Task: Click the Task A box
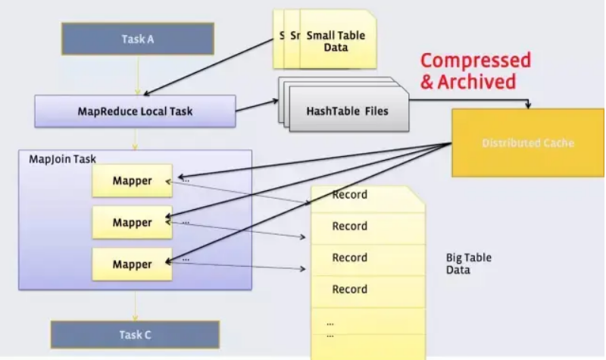(x=137, y=39)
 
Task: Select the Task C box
(x=135, y=334)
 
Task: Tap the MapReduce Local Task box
(x=135, y=111)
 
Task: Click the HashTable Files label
(x=347, y=111)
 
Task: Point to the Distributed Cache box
(x=528, y=142)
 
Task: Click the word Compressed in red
(x=476, y=61)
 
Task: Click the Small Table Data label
(x=336, y=41)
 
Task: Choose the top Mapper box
(x=132, y=181)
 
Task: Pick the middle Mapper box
(x=132, y=223)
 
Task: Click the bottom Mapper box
(x=132, y=265)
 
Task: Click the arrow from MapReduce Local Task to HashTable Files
(x=257, y=111)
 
